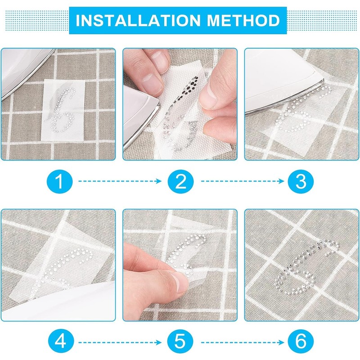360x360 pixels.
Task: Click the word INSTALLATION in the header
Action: pyautogui.click(x=138, y=20)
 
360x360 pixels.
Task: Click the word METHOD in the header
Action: pyautogui.click(x=243, y=20)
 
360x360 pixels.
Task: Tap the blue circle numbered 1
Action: pyautogui.click(x=60, y=181)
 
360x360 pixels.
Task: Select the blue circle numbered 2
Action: pyautogui.click(x=180, y=181)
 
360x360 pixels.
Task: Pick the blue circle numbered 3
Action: pyautogui.click(x=301, y=181)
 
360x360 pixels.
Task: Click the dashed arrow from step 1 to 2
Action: pyautogui.click(x=120, y=181)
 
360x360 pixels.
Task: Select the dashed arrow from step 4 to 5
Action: pyautogui.click(x=120, y=342)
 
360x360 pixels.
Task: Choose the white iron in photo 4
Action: pyautogui.click(x=58, y=303)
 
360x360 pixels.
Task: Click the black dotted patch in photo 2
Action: pyautogui.click(x=186, y=89)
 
